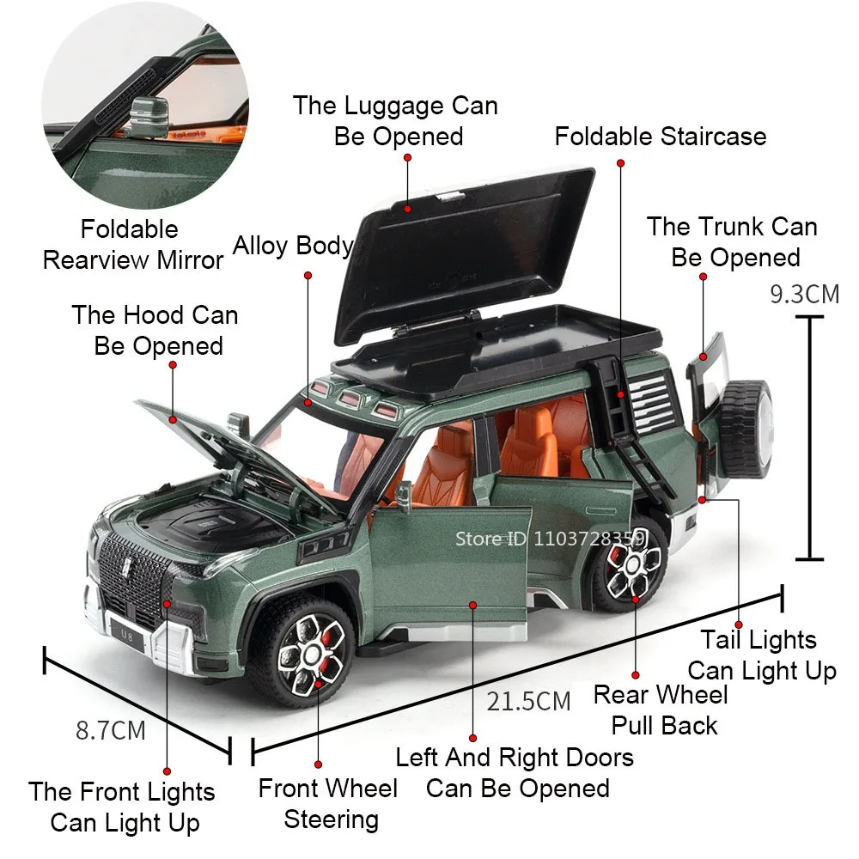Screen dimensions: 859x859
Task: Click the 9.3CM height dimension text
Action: [804, 294]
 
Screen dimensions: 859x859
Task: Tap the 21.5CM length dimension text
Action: [528, 701]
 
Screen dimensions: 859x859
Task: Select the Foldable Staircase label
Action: [660, 136]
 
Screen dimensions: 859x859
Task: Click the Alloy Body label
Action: [293, 246]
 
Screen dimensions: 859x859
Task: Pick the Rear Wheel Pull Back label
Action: [661, 710]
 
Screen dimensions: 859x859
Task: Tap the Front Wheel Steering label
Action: [328, 803]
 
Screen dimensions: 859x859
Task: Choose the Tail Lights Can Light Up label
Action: [759, 655]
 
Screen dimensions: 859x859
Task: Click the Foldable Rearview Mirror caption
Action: [132, 245]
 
